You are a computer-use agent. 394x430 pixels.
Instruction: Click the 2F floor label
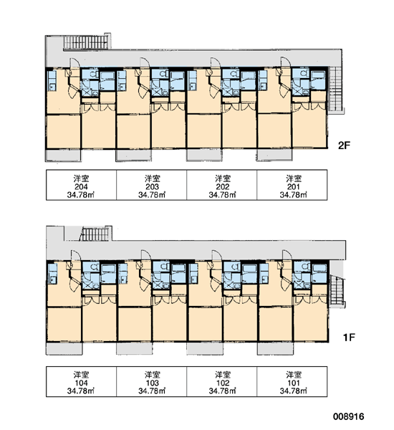pyautogui.click(x=344, y=145)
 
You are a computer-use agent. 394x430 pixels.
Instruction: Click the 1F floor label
pyautogui.click(x=349, y=337)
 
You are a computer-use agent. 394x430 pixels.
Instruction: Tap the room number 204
pyautogui.click(x=81, y=187)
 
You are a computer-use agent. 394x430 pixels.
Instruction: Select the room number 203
pyautogui.click(x=152, y=187)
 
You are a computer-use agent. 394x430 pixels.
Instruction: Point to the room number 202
pyautogui.click(x=223, y=187)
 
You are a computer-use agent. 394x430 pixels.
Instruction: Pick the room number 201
pyautogui.click(x=294, y=187)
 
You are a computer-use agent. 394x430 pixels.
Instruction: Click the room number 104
pyautogui.click(x=81, y=383)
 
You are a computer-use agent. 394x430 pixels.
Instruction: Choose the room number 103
pyautogui.click(x=152, y=383)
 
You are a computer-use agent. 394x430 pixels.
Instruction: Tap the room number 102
pyautogui.click(x=223, y=383)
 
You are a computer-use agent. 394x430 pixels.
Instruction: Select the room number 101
pyautogui.click(x=294, y=383)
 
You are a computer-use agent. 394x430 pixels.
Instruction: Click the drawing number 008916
pyautogui.click(x=349, y=416)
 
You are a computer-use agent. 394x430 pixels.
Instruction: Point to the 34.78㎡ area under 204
pyautogui.click(x=81, y=195)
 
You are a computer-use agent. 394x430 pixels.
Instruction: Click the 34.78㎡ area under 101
pyautogui.click(x=294, y=391)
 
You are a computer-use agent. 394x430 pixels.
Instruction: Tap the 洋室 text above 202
pyautogui.click(x=223, y=178)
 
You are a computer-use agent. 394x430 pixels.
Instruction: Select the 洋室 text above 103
pyautogui.click(x=152, y=375)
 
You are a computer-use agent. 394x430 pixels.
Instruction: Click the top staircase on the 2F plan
pyautogui.click(x=87, y=42)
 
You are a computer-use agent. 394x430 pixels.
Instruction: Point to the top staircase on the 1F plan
pyautogui.click(x=95, y=234)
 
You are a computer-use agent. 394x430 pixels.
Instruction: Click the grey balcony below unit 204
pyautogui.click(x=63, y=156)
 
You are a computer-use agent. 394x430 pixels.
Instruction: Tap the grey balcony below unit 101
pyautogui.click(x=275, y=349)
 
